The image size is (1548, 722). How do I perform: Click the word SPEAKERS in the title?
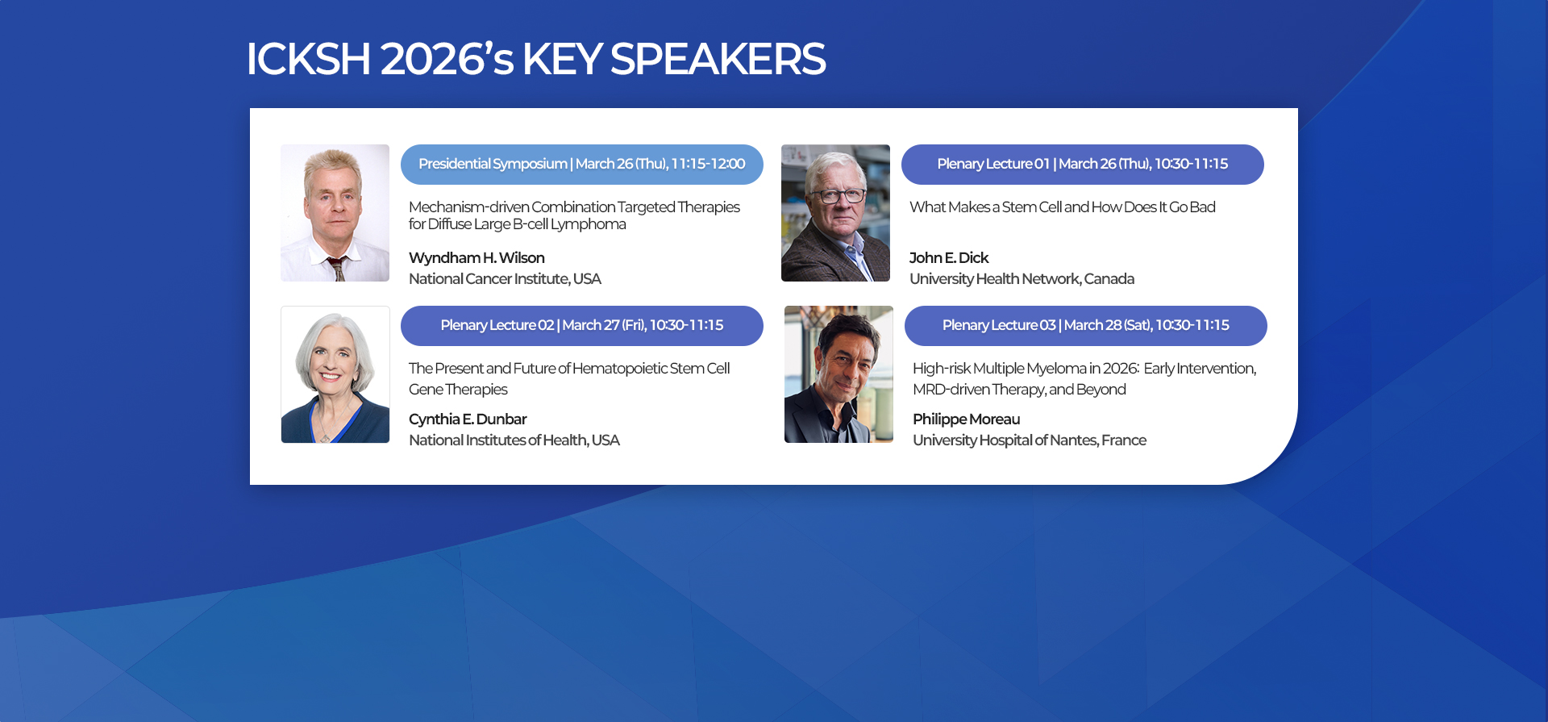[x=718, y=59]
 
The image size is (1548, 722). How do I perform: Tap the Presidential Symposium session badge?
[x=582, y=165]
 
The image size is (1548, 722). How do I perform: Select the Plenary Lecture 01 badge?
[x=1083, y=165]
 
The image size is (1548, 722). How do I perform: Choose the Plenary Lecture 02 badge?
[x=582, y=326]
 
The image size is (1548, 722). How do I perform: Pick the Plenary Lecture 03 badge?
[x=1086, y=326]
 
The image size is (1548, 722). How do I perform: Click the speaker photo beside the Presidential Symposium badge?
[x=335, y=213]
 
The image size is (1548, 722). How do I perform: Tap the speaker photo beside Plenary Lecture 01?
[x=835, y=213]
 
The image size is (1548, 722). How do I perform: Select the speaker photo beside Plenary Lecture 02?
[x=335, y=374]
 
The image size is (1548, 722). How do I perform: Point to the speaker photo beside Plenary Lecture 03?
[x=838, y=374]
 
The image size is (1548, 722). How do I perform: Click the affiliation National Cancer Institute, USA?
[x=505, y=279]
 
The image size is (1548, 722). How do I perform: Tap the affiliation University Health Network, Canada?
[x=1022, y=279]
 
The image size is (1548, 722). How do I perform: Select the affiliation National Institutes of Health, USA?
[x=514, y=440]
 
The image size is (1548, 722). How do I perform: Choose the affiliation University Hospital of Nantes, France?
[x=1030, y=440]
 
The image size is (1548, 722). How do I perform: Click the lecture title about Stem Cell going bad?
[x=1063, y=207]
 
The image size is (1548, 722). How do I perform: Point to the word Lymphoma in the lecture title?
[x=589, y=224]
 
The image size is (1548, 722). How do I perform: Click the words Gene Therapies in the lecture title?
[x=458, y=390]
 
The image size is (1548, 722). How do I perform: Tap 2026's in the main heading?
[x=447, y=59]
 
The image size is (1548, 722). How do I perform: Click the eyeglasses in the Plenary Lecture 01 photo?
[x=840, y=195]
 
